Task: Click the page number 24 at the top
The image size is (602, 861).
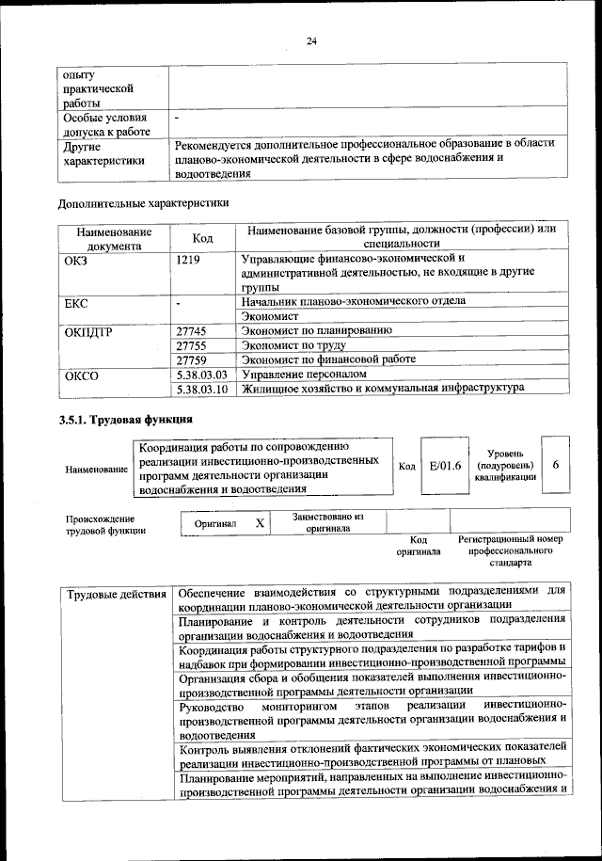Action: pyautogui.click(x=311, y=40)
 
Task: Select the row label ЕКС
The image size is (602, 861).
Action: pyautogui.click(x=75, y=303)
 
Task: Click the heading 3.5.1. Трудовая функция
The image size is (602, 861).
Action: pyautogui.click(x=126, y=420)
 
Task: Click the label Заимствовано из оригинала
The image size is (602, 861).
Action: pyautogui.click(x=327, y=522)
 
